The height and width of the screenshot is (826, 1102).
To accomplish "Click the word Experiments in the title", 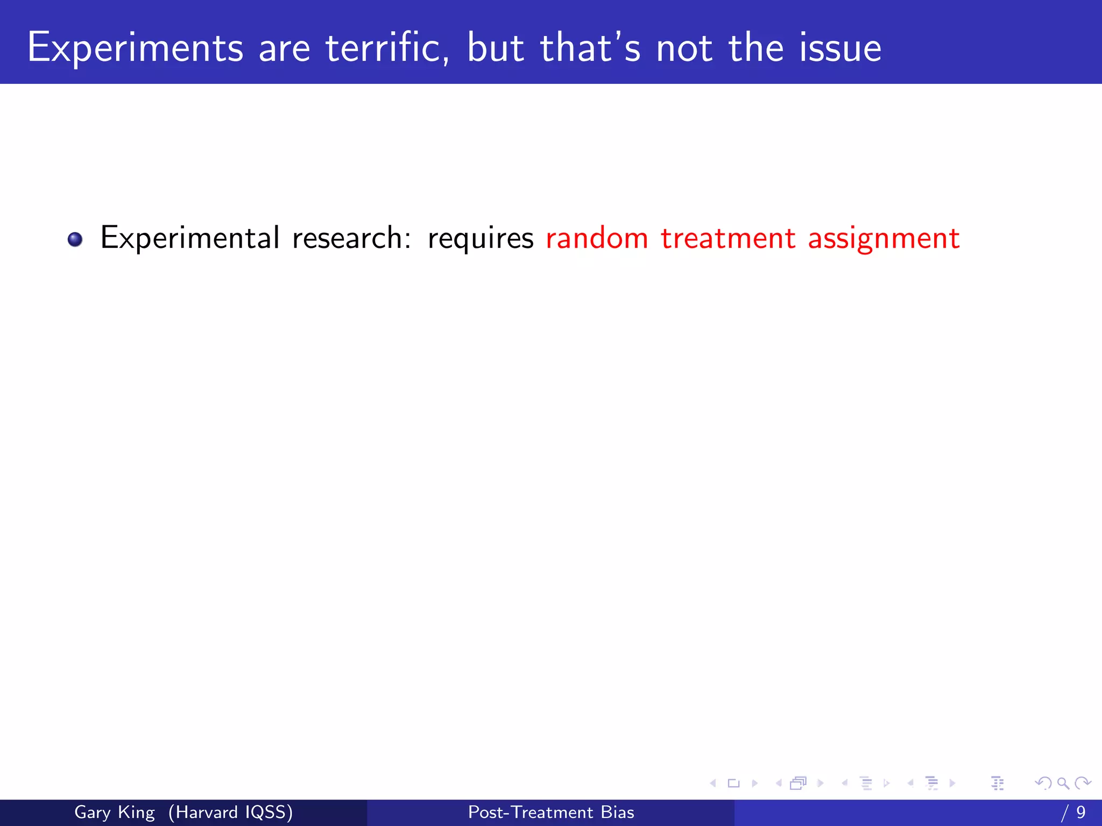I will [x=135, y=48].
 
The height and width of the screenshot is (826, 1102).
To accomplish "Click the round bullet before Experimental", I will [x=75, y=239].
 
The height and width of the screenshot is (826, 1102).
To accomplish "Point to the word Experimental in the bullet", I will [x=189, y=238].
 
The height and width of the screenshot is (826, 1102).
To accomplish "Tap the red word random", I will [x=597, y=238].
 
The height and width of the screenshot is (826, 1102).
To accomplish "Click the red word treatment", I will [x=728, y=238].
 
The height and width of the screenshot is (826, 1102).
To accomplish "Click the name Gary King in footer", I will [x=114, y=812].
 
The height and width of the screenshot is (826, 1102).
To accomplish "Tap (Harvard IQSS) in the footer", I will [x=230, y=812].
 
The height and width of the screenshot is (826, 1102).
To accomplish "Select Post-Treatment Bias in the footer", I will [x=551, y=812].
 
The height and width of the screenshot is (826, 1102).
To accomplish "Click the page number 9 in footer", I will [x=1080, y=812].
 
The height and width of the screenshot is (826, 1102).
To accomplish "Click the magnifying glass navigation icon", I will [x=1063, y=783].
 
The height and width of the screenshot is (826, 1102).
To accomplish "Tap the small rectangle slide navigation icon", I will [x=733, y=783].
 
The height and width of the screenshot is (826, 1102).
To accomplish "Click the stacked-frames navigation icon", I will [x=799, y=783].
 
